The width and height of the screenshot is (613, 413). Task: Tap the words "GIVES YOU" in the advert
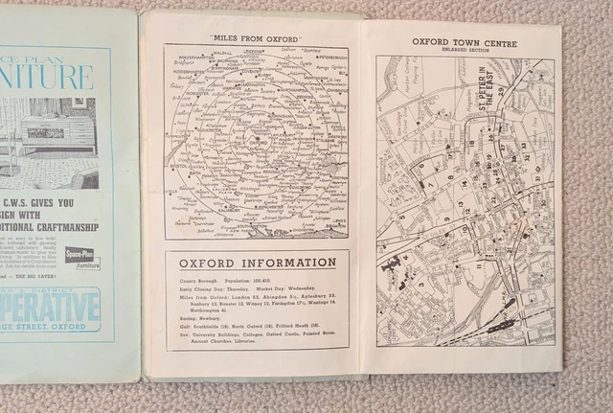82,203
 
